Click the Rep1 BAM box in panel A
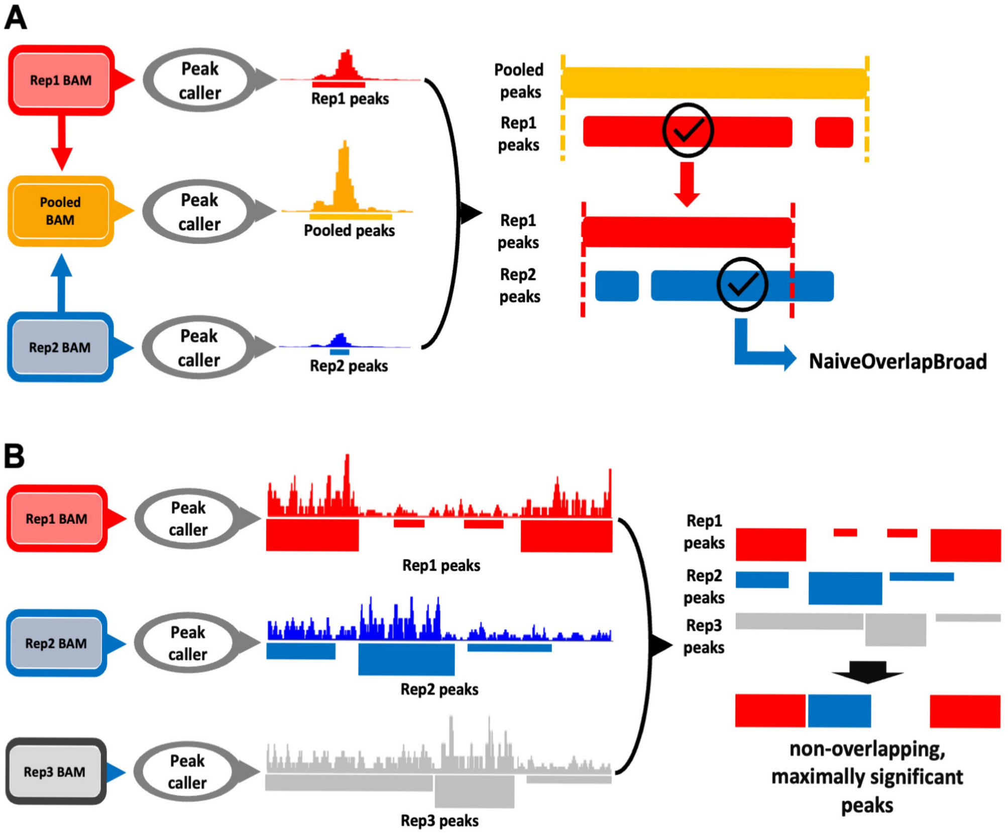[x=60, y=80]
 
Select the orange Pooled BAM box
[x=60, y=211]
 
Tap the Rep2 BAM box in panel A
[x=60, y=347]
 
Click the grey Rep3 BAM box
[x=55, y=772]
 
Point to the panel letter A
[x=15, y=18]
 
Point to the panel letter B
[x=14, y=456]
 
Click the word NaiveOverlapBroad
[x=898, y=362]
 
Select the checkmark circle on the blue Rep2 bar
[x=742, y=284]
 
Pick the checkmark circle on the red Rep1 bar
[x=688, y=130]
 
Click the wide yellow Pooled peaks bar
[x=714, y=83]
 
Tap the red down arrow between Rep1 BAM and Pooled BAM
[x=62, y=143]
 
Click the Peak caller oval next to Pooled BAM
[x=199, y=212]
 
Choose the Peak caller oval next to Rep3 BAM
[x=187, y=771]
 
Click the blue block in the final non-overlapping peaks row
[x=839, y=710]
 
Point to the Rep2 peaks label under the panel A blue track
[x=349, y=366]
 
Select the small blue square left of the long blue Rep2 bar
[x=617, y=286]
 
